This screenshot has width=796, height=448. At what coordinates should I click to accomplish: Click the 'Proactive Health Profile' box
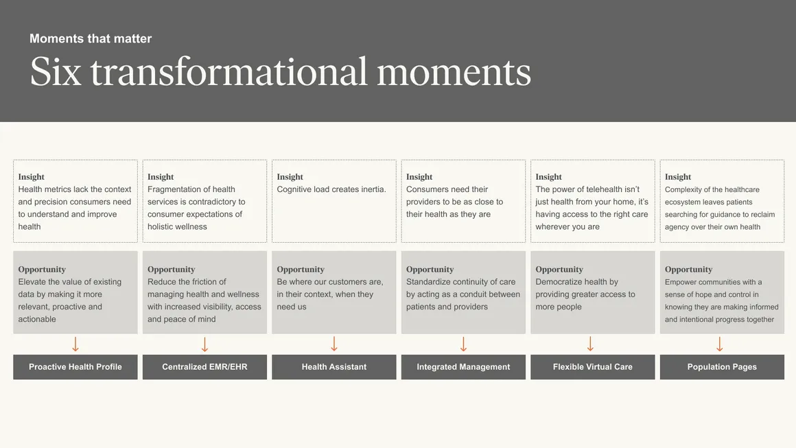click(x=75, y=367)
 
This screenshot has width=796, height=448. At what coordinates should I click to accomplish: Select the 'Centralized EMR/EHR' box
click(x=204, y=367)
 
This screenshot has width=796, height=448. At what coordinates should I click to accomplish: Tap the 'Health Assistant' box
click(x=334, y=367)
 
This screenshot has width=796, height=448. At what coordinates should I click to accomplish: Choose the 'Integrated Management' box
click(x=463, y=367)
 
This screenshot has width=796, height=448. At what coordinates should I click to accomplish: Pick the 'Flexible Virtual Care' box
click(x=593, y=367)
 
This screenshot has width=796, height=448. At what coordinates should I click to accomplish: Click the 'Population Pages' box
click(x=722, y=367)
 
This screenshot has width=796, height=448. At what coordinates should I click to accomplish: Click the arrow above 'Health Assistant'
click(x=334, y=344)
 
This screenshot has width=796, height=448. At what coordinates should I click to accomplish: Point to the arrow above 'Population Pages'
click(x=719, y=344)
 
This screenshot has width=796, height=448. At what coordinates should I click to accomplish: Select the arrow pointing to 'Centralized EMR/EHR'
click(x=204, y=344)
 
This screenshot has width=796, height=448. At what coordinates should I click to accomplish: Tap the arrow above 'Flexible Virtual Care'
click(x=590, y=344)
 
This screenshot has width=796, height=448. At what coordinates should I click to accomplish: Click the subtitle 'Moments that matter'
click(x=91, y=38)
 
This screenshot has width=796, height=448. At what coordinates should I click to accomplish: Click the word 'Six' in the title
click(x=56, y=71)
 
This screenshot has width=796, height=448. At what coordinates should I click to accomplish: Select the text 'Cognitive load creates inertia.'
click(x=331, y=189)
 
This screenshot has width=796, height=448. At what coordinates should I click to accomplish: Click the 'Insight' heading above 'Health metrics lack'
click(x=31, y=176)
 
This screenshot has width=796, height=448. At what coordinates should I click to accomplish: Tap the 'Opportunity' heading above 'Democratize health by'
click(x=559, y=270)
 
